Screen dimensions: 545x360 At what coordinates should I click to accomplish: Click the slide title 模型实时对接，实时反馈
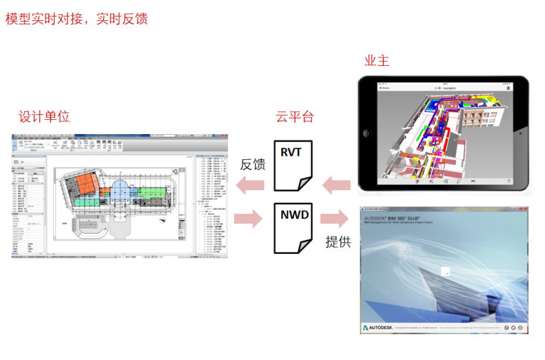(77, 19)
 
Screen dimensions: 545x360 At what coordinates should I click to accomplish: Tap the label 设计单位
(44, 116)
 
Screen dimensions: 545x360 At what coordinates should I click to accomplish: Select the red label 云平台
(295, 116)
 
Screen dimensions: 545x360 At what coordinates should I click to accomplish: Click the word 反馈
(252, 164)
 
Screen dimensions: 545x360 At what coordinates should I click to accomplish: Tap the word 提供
(338, 242)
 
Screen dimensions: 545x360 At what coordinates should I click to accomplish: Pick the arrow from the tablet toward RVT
(336, 186)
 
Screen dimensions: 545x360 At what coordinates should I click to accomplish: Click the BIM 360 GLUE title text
(392, 217)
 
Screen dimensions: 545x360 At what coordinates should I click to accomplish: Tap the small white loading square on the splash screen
(445, 271)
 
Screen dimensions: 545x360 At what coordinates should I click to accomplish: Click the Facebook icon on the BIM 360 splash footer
(506, 328)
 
